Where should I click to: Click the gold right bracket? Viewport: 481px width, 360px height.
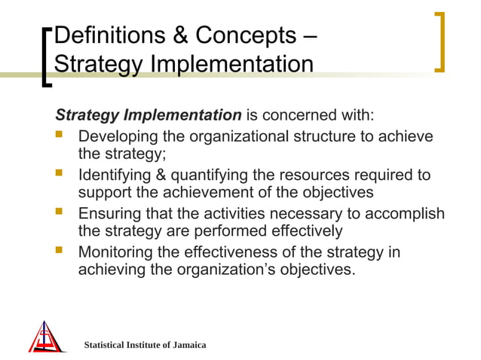(x=440, y=42)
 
